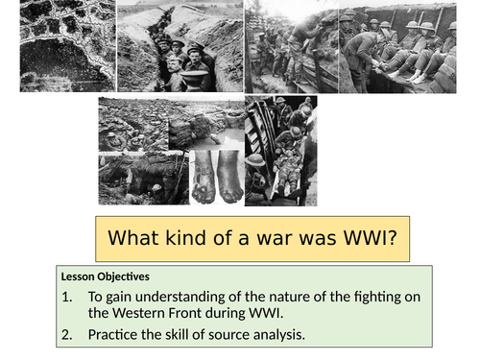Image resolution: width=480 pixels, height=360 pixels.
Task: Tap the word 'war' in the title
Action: click(x=270, y=239)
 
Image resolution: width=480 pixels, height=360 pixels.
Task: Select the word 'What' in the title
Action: click(x=134, y=239)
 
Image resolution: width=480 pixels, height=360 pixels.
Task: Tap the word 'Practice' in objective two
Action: click(x=117, y=335)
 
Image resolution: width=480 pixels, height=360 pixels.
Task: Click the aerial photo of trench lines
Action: click(x=66, y=46)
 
